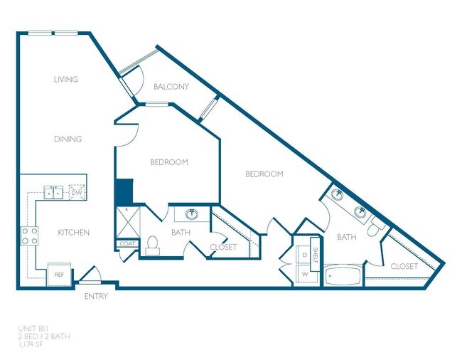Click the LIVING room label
(65, 80)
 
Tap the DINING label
(68, 139)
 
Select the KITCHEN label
(73, 233)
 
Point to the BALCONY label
(171, 87)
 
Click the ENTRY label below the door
(96, 296)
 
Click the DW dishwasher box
(77, 192)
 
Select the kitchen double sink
(53, 192)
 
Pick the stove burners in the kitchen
(28, 235)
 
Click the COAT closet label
(127, 244)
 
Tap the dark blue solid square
(124, 191)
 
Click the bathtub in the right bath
(343, 275)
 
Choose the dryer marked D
(305, 254)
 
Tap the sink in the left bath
(191, 214)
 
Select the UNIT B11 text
(34, 328)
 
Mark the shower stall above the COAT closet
(127, 222)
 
